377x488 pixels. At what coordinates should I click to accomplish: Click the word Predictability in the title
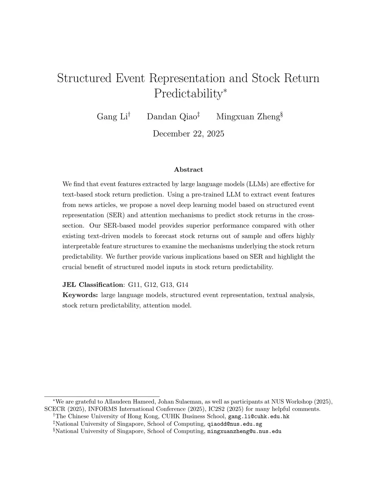click(187, 94)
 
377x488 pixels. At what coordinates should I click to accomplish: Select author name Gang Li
click(112, 117)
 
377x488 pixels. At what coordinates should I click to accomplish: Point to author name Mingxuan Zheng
click(248, 117)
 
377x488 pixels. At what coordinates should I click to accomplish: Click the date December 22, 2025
click(188, 134)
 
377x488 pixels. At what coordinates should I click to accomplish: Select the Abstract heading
click(188, 170)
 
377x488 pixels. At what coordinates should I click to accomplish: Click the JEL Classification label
click(94, 285)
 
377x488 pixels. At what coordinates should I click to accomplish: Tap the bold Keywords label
click(80, 295)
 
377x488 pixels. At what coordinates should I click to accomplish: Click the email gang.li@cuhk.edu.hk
click(259, 417)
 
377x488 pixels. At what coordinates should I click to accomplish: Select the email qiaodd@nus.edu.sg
click(235, 424)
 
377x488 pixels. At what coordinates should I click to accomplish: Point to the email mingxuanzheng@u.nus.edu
click(244, 431)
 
